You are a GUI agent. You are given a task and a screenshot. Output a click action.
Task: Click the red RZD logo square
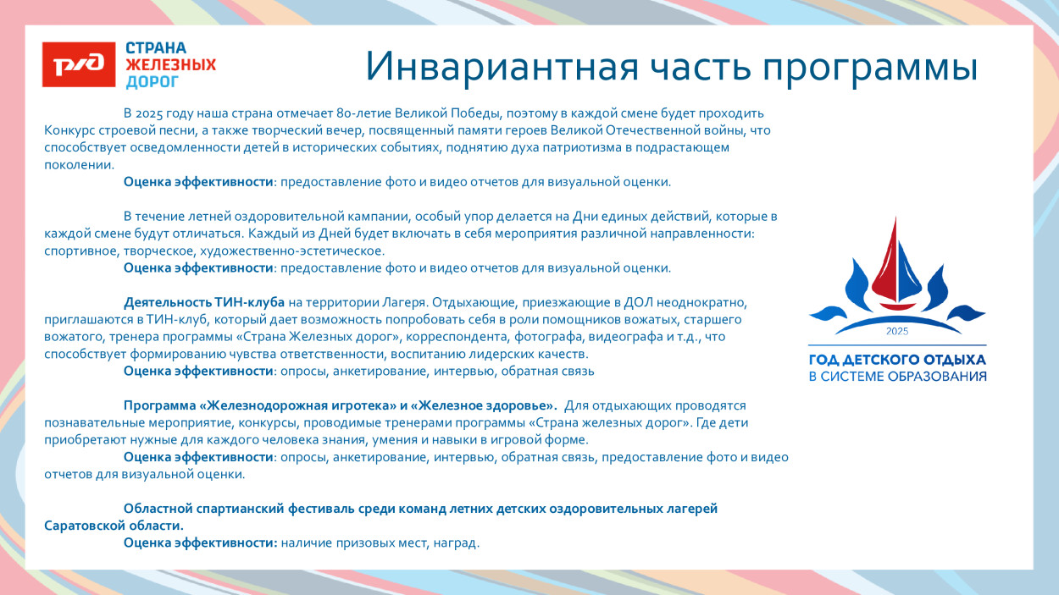79,65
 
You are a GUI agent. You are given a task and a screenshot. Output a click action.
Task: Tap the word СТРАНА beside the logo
156,48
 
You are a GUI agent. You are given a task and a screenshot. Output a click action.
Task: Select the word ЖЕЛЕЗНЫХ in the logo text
170,65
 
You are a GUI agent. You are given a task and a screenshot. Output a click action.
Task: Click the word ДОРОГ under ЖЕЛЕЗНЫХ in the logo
152,82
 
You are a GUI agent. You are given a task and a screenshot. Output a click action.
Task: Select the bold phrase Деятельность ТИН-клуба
204,302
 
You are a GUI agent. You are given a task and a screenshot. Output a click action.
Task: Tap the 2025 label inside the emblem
896,330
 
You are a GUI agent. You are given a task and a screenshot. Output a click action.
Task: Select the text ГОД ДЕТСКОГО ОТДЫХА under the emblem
897,360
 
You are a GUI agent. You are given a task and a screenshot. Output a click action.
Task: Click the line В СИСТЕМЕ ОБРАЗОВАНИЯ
897,377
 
